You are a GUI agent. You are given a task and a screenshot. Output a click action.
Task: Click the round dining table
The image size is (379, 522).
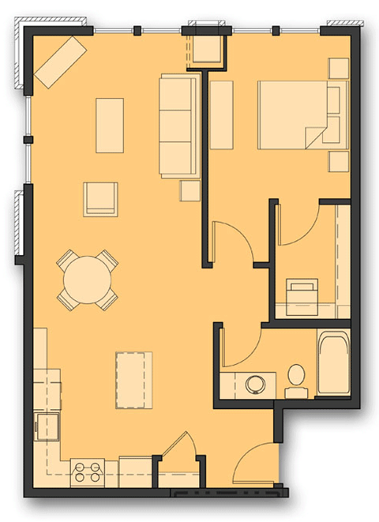click(87, 280)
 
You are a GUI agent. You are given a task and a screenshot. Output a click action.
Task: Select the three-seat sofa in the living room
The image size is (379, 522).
click(177, 125)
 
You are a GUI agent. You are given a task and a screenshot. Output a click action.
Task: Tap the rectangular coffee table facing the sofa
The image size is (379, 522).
click(110, 125)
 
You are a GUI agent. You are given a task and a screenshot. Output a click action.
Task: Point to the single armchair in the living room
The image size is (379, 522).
click(100, 198)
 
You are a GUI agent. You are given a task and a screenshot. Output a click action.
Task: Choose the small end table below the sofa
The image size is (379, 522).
click(189, 190)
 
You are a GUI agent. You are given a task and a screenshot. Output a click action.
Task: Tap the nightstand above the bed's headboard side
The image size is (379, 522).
click(339, 69)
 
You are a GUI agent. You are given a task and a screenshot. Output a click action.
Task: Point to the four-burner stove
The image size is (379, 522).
click(88, 472)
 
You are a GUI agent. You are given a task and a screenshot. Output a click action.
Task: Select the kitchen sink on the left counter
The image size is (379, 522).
click(47, 426)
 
